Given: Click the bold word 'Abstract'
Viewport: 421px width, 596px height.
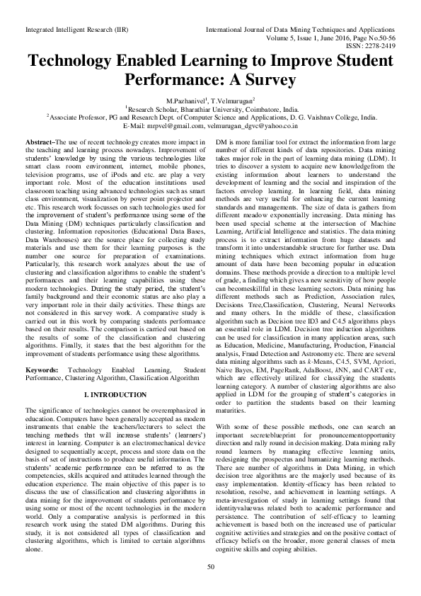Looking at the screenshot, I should point(40,142).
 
